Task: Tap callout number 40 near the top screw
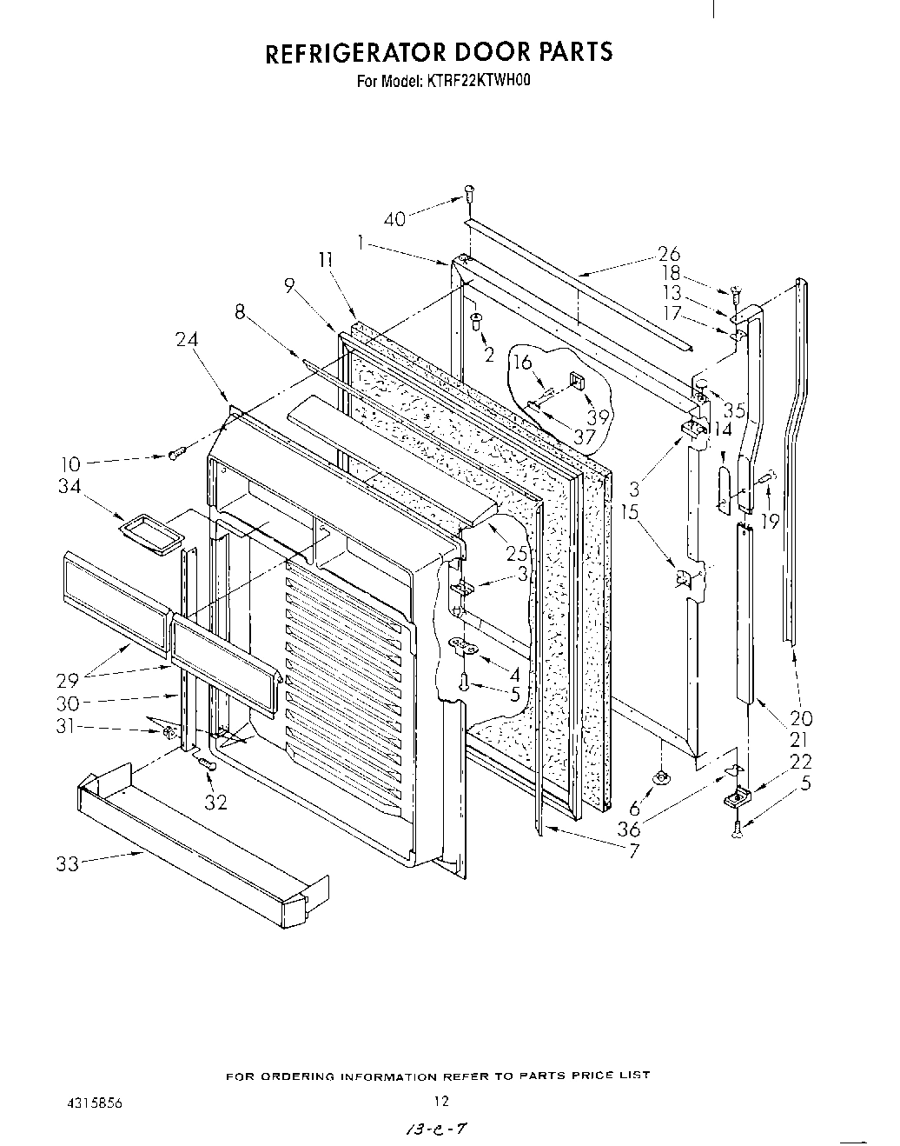coord(394,219)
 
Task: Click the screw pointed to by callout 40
coord(469,193)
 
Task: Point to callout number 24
coord(188,340)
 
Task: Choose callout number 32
coord(215,803)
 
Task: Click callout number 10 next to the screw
coord(69,465)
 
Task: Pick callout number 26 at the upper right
coord(669,254)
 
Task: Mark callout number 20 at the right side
coord(801,718)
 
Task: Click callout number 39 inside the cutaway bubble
coord(599,416)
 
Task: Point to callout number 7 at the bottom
coord(633,852)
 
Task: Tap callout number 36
coord(629,830)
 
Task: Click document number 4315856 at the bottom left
coord(93,1103)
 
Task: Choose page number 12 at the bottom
coord(441,1102)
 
